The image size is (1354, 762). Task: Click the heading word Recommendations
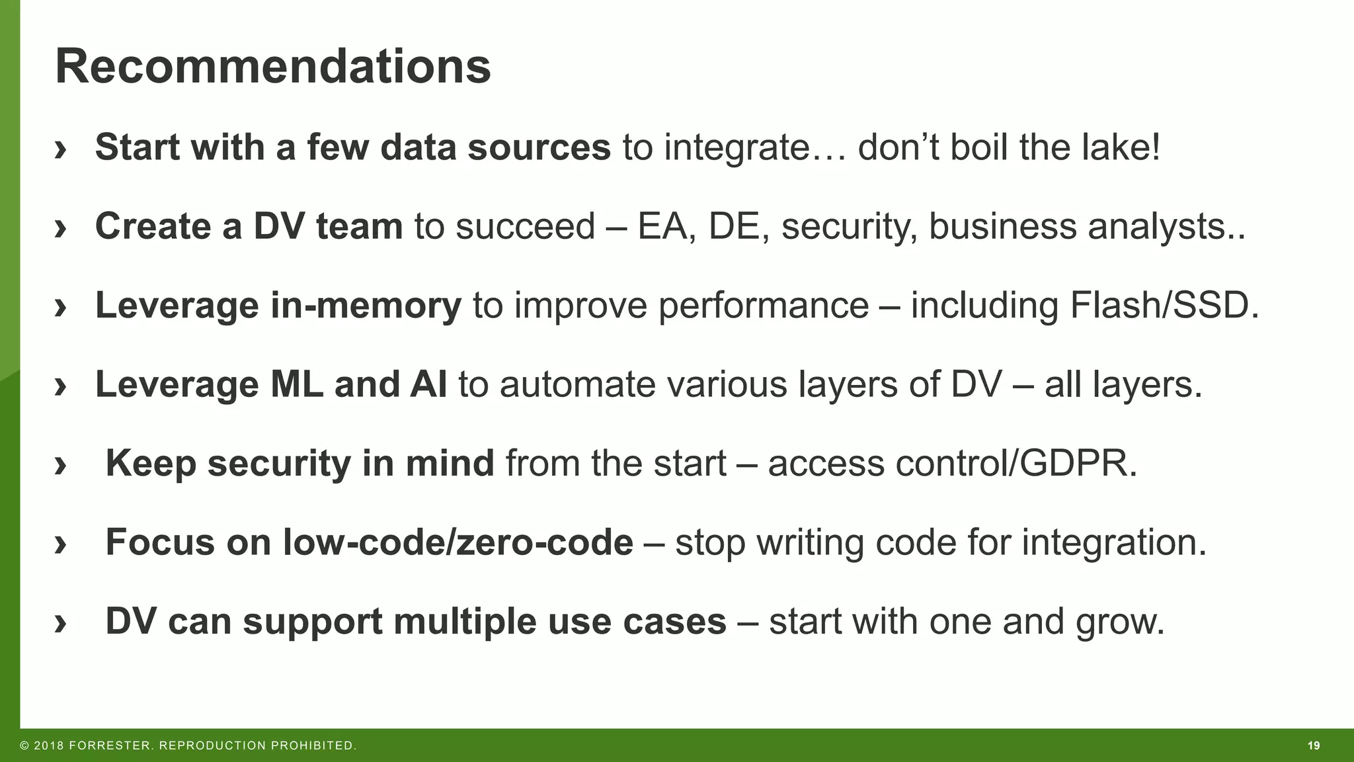coord(272,67)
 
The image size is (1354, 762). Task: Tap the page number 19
coord(1313,746)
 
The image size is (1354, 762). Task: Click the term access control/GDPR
coord(952,463)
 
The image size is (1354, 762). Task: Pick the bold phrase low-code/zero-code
coord(458,542)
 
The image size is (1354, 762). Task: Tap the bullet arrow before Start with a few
coord(61,148)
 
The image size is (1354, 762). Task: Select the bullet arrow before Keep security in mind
coord(61,464)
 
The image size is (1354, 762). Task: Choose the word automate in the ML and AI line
coord(577,384)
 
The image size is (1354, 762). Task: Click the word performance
coord(763,306)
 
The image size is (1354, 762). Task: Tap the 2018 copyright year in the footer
coord(49,746)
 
